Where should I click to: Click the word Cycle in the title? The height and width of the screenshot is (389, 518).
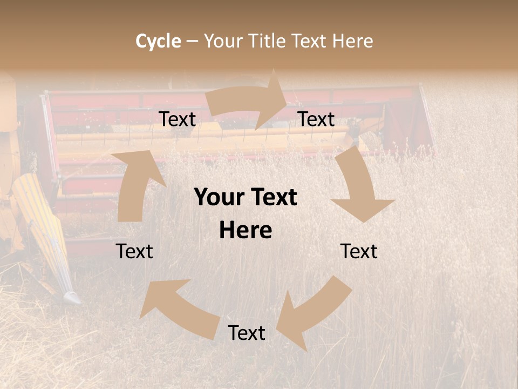pyautogui.click(x=158, y=41)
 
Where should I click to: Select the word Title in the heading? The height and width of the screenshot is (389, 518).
pyautogui.click(x=269, y=41)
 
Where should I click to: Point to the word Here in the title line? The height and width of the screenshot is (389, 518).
pyautogui.click(x=352, y=41)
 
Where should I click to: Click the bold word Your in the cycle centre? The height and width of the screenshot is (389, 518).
pyautogui.click(x=219, y=197)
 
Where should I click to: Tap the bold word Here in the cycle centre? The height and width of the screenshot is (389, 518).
pyautogui.click(x=246, y=231)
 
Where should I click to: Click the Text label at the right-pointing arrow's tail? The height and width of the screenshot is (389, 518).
pyautogui.click(x=178, y=119)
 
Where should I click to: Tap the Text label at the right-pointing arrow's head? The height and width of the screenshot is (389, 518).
pyautogui.click(x=316, y=119)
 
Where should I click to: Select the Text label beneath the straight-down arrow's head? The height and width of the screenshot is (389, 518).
pyautogui.click(x=359, y=251)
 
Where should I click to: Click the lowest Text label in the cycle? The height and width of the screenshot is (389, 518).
pyautogui.click(x=247, y=333)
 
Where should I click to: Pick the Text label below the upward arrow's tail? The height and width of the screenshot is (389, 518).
pyautogui.click(x=135, y=251)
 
